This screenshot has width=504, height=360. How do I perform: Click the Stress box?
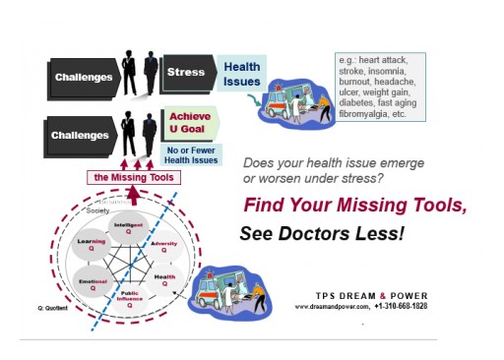(185, 72)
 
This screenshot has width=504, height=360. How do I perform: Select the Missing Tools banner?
(135, 177)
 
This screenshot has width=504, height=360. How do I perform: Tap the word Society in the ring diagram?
(96, 209)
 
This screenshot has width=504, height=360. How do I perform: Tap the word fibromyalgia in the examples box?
(364, 113)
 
